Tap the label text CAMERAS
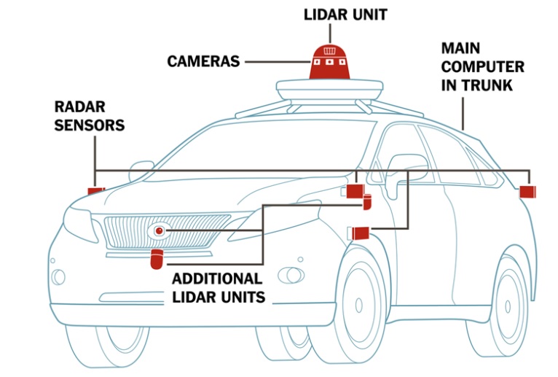point(203,61)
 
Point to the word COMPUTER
point(482,67)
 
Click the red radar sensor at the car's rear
point(527,192)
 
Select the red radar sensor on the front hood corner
point(95,191)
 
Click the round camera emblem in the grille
point(159,230)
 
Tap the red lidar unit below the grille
point(156,259)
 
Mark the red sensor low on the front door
point(361,233)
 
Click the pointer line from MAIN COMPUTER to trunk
point(463,109)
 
